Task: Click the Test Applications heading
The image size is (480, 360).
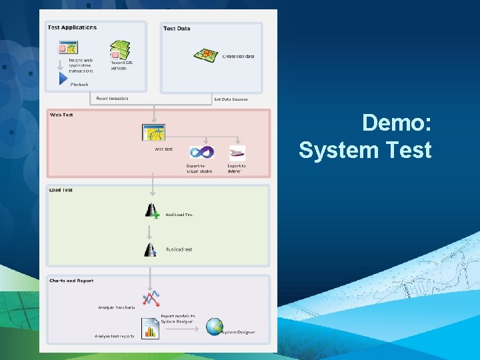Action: (x=72, y=27)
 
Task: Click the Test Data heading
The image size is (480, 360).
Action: (x=177, y=28)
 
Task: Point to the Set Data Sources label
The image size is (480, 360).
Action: (x=231, y=99)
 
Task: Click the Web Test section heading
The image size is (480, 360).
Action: (x=61, y=115)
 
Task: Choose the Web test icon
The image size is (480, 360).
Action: (x=153, y=132)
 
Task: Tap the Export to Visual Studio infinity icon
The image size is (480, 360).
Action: (x=201, y=153)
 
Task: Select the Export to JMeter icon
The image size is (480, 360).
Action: (x=237, y=153)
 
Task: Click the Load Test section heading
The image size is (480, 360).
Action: (x=61, y=190)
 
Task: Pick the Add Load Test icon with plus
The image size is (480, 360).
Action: (x=152, y=211)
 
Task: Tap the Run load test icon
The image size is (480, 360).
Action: (x=151, y=249)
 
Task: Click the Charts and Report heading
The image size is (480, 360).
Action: (x=71, y=281)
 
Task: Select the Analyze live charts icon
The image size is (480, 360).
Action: (x=151, y=297)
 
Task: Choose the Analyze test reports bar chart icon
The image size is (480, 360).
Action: (x=151, y=329)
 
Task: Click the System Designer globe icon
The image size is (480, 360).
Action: (x=214, y=326)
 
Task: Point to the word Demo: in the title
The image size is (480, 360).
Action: (x=397, y=123)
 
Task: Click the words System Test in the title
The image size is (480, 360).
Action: (x=365, y=150)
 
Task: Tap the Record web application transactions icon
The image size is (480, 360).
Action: (x=68, y=48)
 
